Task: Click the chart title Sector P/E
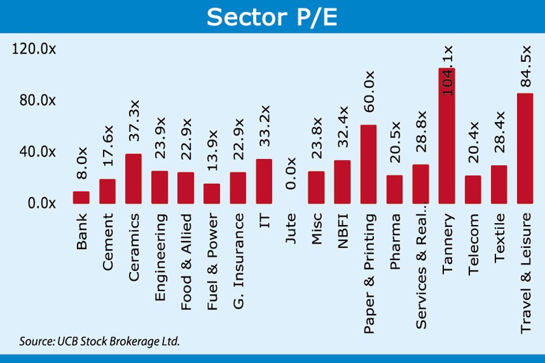coord(271,18)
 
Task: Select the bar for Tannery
coord(447,136)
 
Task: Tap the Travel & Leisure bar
coord(525,148)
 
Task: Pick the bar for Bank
coord(81,197)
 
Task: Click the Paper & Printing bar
coord(368,164)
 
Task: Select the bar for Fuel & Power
coord(211,194)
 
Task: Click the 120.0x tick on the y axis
coord(34,50)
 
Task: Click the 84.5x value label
coord(526,67)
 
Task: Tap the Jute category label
coord(290,229)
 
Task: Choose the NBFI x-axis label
coord(342,230)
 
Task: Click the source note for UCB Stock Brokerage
coord(99,341)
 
